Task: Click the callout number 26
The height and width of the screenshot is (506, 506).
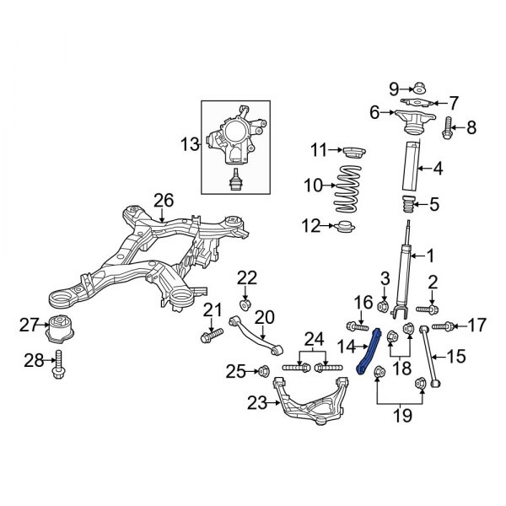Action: [x=163, y=199]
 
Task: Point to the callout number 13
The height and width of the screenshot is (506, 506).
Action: [x=187, y=146]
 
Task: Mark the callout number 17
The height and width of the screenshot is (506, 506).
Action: [x=476, y=324]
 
